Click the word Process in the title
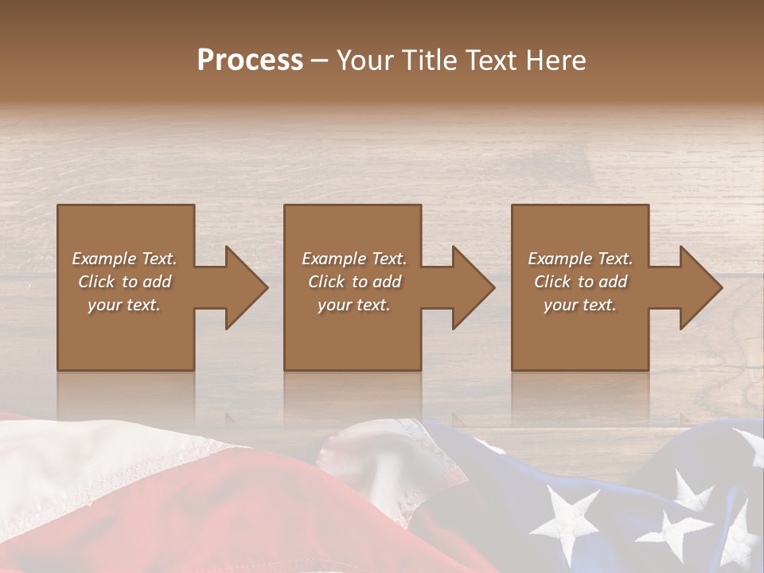(250, 60)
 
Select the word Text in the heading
(491, 60)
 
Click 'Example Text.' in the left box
(124, 259)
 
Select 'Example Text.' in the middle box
(354, 259)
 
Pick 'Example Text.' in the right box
(580, 259)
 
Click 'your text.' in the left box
(124, 305)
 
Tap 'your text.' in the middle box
(354, 305)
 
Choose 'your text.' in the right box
(580, 305)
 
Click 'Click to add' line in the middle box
(354, 282)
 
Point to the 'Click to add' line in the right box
(580, 282)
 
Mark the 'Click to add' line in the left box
(124, 282)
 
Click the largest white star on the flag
(567, 521)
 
